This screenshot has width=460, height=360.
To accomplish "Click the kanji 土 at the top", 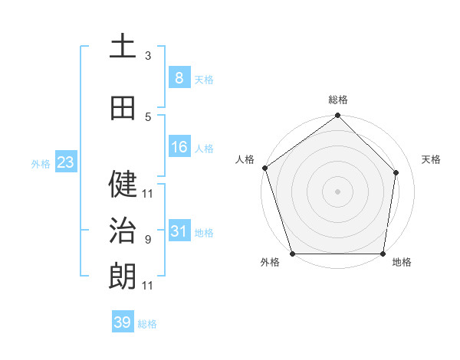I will point(123,46).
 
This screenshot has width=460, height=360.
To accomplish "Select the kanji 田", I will point(123,108).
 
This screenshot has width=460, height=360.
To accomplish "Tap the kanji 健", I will point(123,184).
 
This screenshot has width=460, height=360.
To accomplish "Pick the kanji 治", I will point(123,231).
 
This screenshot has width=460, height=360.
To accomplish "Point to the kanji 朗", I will point(123,277).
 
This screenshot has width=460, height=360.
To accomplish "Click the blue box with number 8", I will point(179,78).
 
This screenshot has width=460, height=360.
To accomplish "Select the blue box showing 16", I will point(179,147).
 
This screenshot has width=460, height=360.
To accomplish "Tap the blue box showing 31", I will point(179,231).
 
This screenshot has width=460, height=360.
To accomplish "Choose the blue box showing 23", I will point(64,162).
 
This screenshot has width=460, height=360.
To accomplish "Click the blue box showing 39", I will point(123,322).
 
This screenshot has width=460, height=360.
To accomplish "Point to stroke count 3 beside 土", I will point(148,56).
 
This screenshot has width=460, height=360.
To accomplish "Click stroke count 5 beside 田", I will point(148,117).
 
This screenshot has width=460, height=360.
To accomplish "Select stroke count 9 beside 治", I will point(148,240).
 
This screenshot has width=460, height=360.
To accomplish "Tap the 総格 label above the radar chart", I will point(337,100).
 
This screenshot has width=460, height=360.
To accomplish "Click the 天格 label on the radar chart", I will point(431,159).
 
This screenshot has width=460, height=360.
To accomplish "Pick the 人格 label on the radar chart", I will point(245,159).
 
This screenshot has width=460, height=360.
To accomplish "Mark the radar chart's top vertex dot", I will point(337,116).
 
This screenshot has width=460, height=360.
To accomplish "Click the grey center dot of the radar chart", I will point(337,191).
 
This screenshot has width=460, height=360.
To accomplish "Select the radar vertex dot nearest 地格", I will point(383,254).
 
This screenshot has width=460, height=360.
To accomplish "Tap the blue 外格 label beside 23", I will point(40,163).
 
